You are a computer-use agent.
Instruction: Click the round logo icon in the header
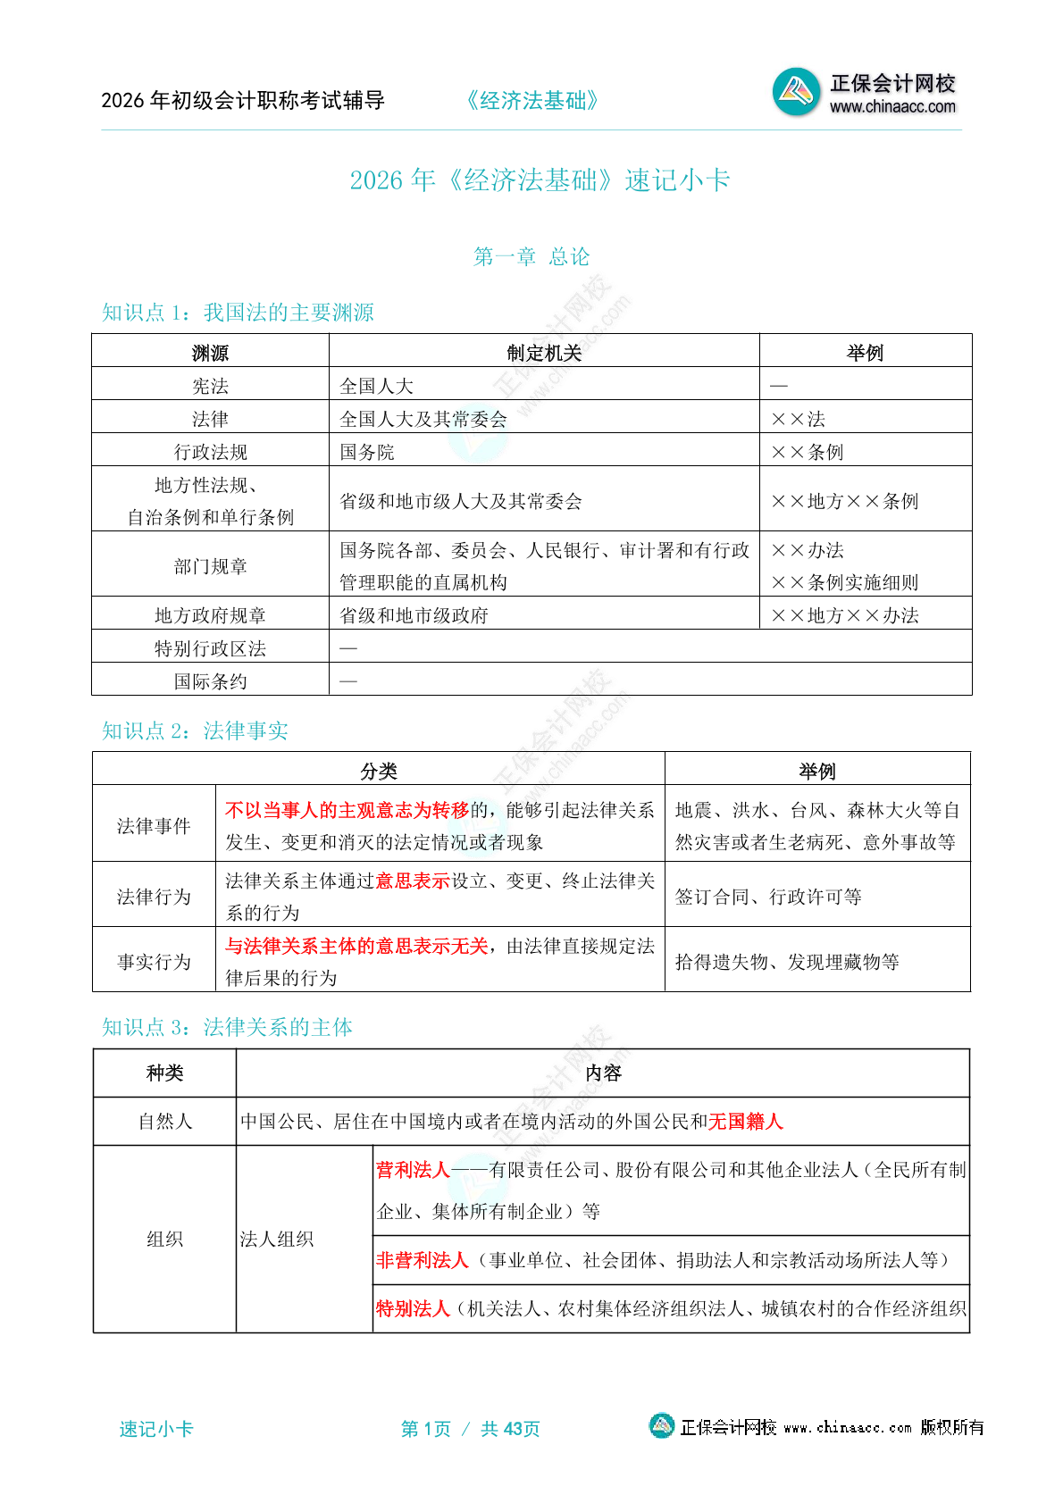[796, 91]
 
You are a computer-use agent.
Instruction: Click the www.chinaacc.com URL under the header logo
[892, 107]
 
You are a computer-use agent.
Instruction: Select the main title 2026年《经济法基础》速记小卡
[540, 180]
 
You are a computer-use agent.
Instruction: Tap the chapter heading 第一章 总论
[531, 257]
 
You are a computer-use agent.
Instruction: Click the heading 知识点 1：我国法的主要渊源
[238, 313]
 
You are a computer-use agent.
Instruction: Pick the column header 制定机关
[544, 353]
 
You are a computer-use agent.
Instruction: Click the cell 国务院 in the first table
[367, 452]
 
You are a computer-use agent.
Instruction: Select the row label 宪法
[210, 386]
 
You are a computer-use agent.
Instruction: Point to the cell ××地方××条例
[844, 501]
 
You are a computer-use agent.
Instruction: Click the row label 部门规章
[210, 566]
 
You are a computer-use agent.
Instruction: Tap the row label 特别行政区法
[210, 648]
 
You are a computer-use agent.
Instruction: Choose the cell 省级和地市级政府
[414, 615]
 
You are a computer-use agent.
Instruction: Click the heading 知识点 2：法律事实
[195, 731]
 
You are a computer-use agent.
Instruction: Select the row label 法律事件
[154, 826]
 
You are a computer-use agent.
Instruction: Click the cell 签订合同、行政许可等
[768, 897]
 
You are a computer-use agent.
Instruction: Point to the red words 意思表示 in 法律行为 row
[412, 881]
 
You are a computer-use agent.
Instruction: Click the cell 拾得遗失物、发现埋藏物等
[787, 962]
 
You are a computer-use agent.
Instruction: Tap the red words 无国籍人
[745, 1122]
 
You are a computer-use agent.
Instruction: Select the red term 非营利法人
[422, 1260]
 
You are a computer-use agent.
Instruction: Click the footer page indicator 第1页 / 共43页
[471, 1429]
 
